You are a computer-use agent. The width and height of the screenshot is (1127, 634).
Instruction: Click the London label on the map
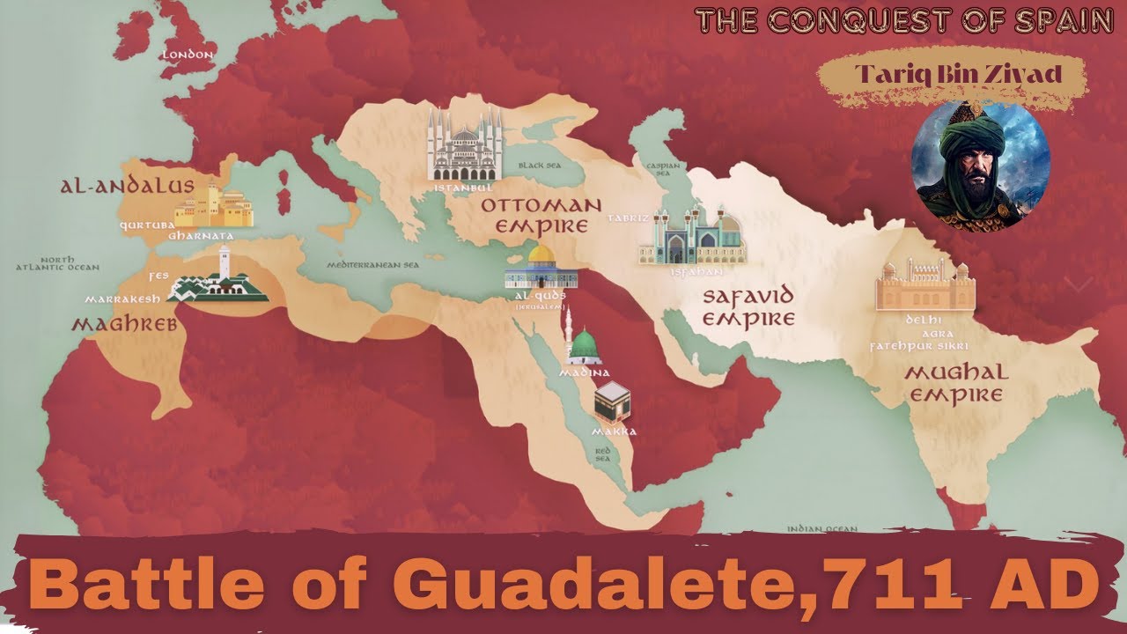pos(188,55)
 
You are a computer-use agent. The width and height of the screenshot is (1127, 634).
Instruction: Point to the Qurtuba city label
pos(146,224)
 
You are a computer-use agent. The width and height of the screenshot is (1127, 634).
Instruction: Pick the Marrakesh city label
pos(122,299)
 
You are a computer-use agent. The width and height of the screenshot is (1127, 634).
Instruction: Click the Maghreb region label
pos(124,326)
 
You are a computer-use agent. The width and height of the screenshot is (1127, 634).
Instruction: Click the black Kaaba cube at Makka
pos(615,403)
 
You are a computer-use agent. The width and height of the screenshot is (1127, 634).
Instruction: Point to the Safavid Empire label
pos(748,306)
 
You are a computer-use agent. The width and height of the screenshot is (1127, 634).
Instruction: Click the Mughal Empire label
pos(956,383)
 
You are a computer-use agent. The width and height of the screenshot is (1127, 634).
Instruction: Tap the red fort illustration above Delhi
pos(924,284)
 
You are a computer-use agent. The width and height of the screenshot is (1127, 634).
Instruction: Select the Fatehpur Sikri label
pos(924,347)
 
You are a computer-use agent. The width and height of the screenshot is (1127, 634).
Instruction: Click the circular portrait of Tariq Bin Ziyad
pos(980,166)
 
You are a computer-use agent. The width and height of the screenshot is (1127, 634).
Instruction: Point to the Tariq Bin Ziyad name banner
pos(953,75)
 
